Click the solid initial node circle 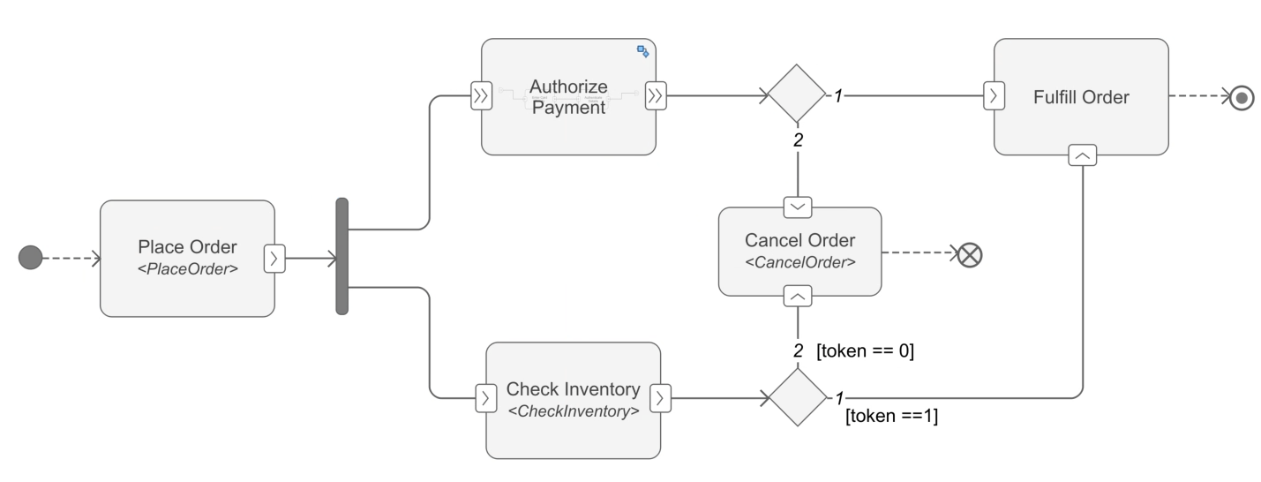[x=30, y=258]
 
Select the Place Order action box [x=187, y=258]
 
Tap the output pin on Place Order [x=274, y=259]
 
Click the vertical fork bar [x=342, y=257]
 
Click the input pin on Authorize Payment [x=481, y=96]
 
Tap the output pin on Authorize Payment [x=655, y=96]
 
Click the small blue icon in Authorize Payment [x=643, y=51]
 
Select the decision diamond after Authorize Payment [x=797, y=94]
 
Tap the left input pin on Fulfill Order [x=995, y=96]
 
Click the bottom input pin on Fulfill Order [x=1083, y=154]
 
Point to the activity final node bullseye [x=1242, y=97]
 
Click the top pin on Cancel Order [x=798, y=207]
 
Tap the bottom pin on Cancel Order [x=798, y=295]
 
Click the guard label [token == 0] [x=865, y=350]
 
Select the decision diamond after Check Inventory [x=797, y=397]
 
